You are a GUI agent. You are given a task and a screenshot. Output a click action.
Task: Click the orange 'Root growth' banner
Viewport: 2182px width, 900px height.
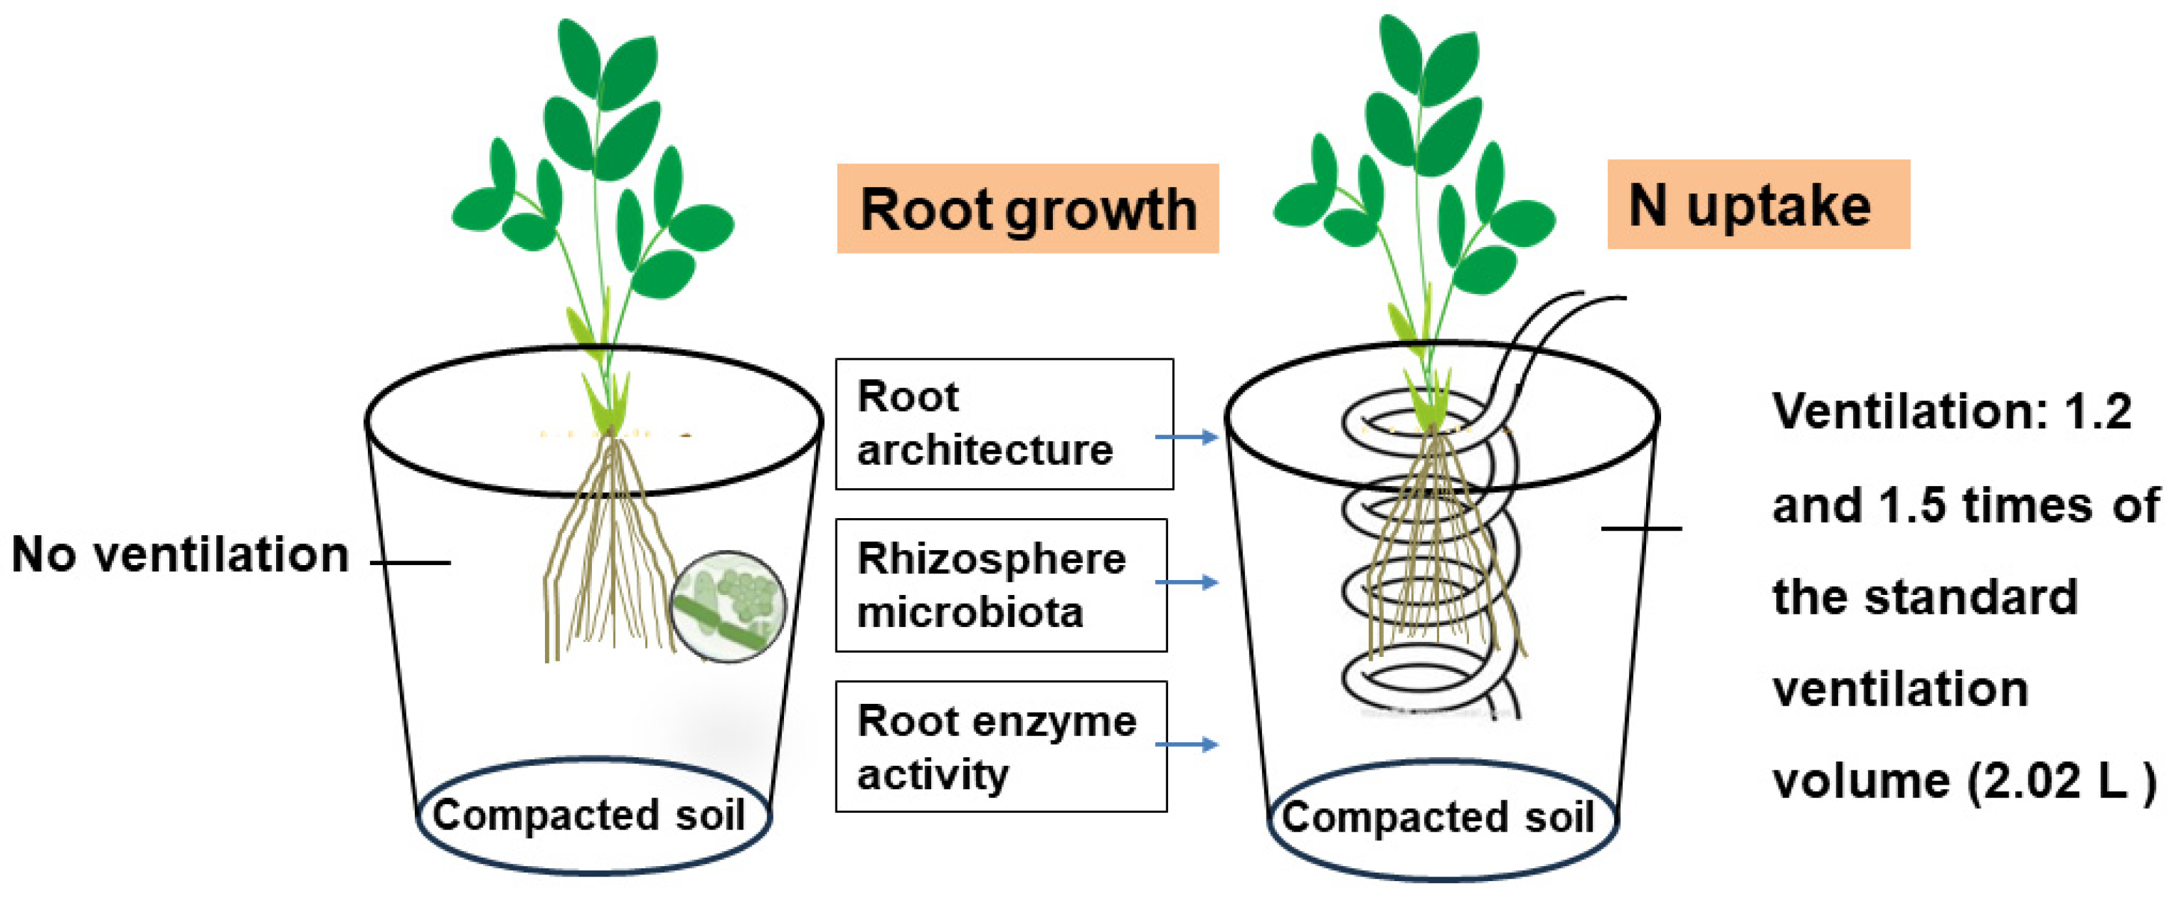pyautogui.click(x=1028, y=209)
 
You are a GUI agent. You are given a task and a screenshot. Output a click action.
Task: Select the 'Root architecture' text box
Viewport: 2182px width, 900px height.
pyautogui.click(x=1004, y=424)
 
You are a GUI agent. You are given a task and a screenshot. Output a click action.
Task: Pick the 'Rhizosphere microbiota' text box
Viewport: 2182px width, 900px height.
pyautogui.click(x=1000, y=585)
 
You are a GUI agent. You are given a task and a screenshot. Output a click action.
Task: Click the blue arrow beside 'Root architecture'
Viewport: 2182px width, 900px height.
pyautogui.click(x=1186, y=437)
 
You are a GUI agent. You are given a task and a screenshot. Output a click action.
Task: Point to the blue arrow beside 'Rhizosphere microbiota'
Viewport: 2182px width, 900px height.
pyautogui.click(x=1186, y=582)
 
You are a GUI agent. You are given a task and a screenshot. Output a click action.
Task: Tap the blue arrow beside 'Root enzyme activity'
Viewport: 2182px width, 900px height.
pyautogui.click(x=1186, y=745)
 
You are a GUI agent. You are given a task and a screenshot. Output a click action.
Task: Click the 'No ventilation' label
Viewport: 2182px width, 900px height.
pyautogui.click(x=180, y=555)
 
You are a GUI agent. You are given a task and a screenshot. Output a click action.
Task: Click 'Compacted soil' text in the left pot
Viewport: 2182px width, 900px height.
pyautogui.click(x=589, y=815)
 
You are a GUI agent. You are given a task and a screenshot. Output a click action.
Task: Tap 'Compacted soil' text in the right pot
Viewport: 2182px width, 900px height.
pyautogui.click(x=1438, y=818)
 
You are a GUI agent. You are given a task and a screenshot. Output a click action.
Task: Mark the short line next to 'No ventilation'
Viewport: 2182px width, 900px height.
pyautogui.click(x=411, y=562)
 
